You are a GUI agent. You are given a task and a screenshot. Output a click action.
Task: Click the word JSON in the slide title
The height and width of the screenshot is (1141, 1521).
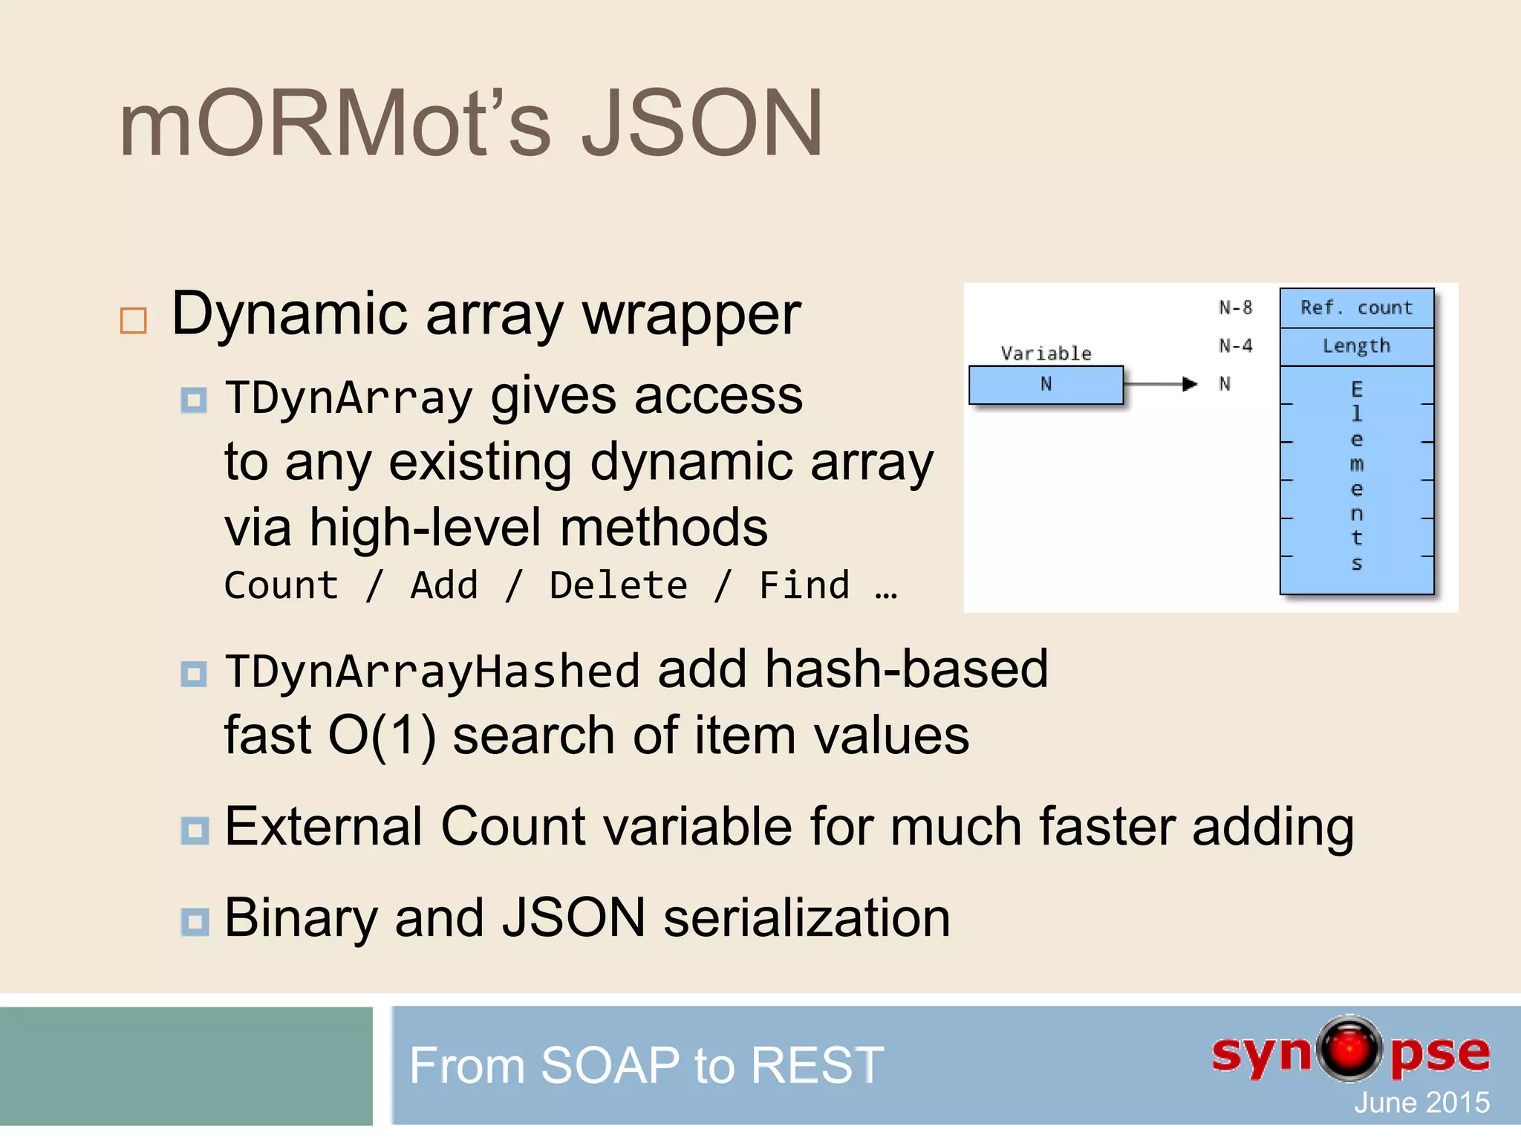[701, 124]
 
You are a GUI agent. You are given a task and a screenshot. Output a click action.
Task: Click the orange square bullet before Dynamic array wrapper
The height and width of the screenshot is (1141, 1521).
[134, 321]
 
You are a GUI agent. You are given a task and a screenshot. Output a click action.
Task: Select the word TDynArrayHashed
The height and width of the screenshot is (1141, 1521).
[432, 672]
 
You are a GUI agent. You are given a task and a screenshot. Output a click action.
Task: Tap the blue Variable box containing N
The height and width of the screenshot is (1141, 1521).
[1046, 385]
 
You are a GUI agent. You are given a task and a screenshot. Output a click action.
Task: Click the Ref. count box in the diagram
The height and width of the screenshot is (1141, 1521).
[1356, 308]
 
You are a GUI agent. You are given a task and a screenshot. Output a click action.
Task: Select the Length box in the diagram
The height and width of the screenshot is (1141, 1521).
[1356, 346]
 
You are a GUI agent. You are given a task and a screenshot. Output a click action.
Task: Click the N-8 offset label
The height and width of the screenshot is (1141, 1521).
[1235, 308]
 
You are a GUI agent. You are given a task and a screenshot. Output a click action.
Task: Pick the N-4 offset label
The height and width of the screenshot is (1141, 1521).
[1235, 346]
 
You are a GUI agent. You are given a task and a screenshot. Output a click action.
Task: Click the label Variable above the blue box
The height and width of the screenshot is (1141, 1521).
[1046, 354]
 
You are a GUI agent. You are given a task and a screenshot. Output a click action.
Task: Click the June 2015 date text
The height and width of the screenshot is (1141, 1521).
[1421, 1102]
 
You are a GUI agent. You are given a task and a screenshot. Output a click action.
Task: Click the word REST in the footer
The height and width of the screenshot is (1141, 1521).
[817, 1065]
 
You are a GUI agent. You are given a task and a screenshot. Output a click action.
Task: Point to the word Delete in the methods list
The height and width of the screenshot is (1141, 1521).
[618, 586]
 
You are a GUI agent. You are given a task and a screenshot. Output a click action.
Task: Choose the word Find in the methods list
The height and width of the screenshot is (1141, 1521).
[804, 586]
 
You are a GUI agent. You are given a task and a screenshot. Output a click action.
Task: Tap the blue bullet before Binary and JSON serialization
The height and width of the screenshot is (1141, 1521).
[195, 922]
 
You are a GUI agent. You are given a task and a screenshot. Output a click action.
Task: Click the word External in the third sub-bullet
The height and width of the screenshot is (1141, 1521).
[324, 827]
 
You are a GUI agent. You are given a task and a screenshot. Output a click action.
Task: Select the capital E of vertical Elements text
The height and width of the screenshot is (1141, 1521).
[1357, 389]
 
